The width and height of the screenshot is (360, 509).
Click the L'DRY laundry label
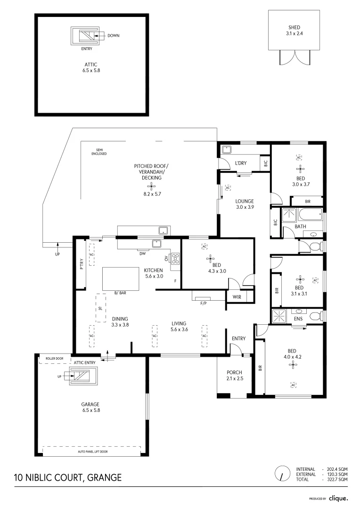point(241,164)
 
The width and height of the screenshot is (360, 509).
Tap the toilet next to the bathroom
point(313,246)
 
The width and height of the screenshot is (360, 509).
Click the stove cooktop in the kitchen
point(175,258)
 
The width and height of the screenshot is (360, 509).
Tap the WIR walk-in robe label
point(237,297)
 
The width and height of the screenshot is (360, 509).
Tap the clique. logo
point(338,498)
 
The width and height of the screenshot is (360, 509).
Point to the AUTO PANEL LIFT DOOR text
point(92,452)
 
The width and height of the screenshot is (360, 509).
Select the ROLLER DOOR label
point(54,358)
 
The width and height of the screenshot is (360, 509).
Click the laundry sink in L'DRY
point(227,150)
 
